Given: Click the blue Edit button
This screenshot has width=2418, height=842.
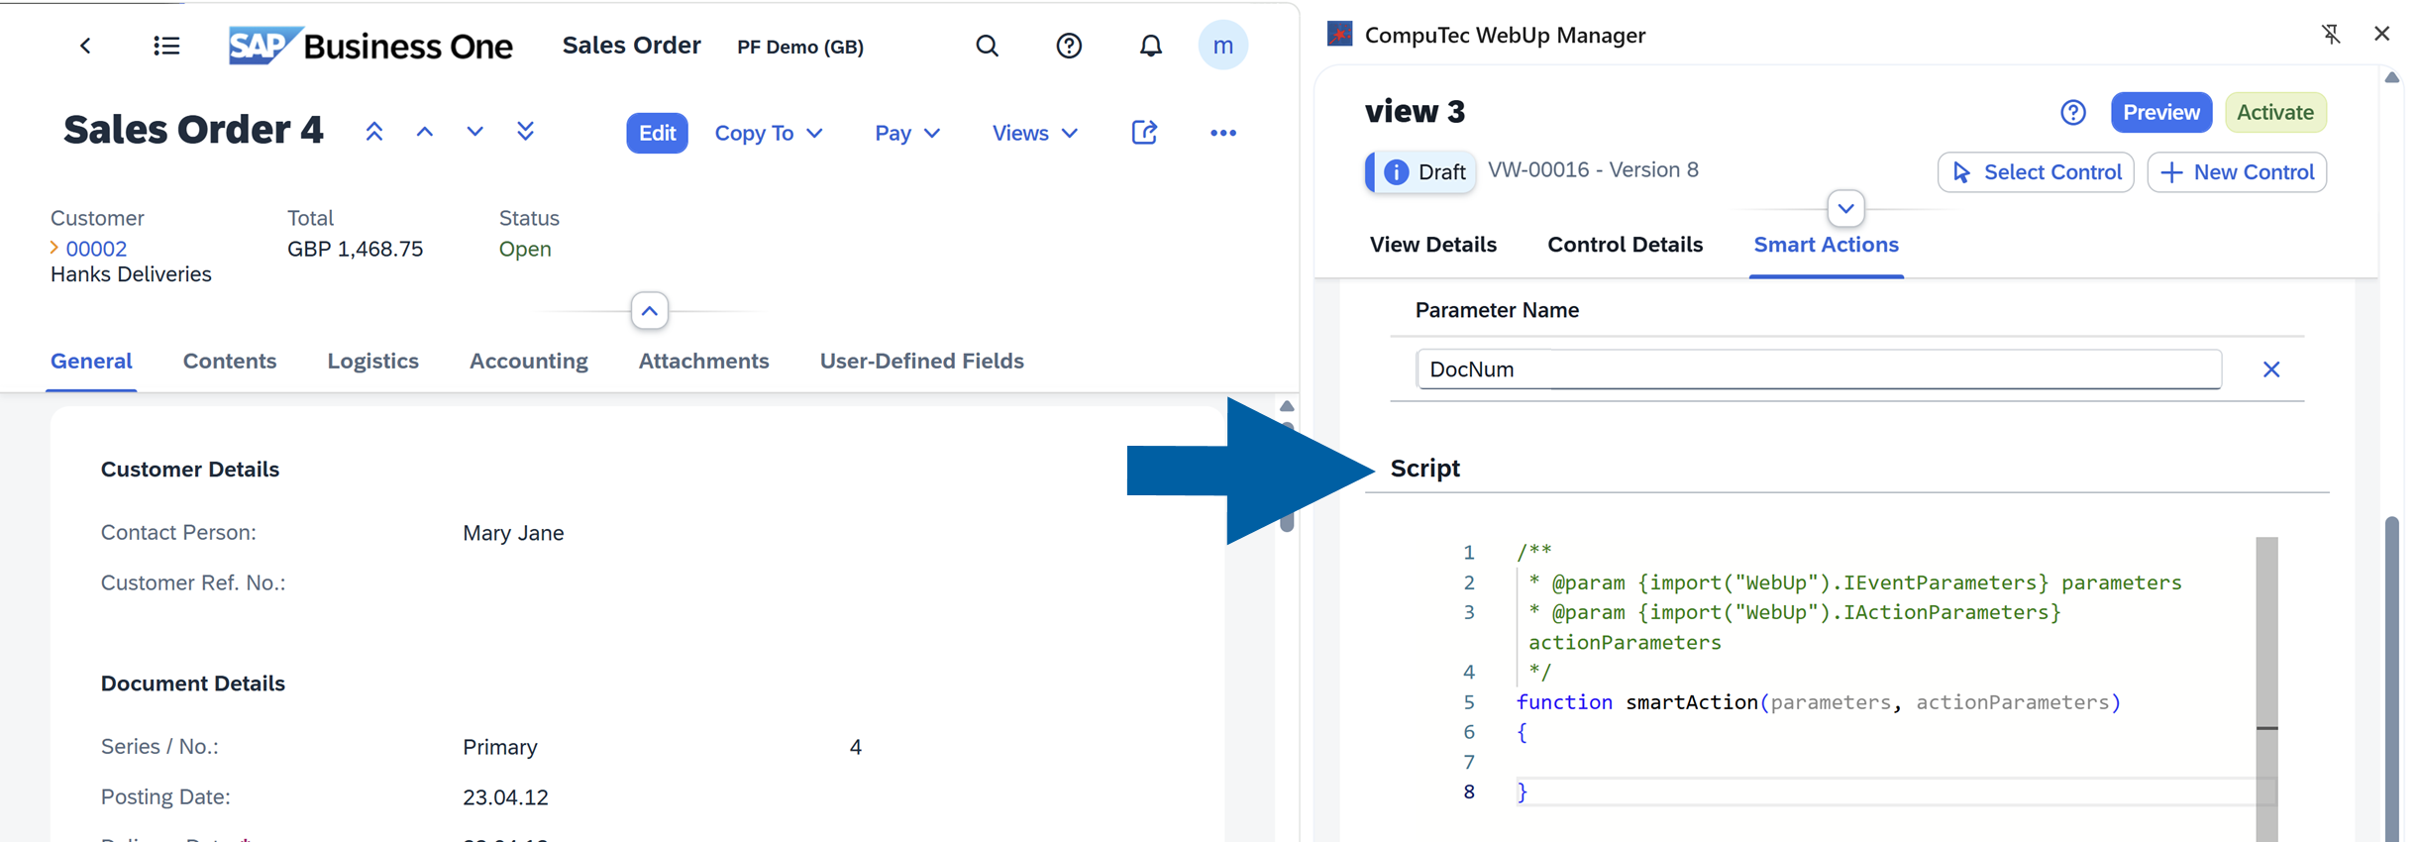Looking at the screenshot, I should tap(657, 133).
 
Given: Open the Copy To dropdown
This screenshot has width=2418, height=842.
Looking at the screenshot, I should tap(769, 133).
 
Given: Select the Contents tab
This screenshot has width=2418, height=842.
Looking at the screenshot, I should tap(230, 361).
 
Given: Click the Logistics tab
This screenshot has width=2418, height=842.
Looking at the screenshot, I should tap(372, 361).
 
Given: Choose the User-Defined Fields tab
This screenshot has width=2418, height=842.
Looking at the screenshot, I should tap(921, 361).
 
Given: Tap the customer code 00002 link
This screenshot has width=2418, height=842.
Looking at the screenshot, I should tap(96, 249).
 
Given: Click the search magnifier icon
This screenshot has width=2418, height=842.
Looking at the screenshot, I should tap(987, 46).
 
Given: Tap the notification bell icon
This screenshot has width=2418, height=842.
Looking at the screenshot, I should tap(1150, 46).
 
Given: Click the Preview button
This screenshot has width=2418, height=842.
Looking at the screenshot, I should tap(2160, 112).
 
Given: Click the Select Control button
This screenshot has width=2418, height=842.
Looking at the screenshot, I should tap(2036, 172).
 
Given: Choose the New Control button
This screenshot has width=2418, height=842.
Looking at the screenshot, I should tap(2237, 172).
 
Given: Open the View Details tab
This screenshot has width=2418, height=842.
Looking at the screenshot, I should tap(1432, 245).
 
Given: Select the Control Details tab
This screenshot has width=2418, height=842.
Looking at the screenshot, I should tap(1625, 245).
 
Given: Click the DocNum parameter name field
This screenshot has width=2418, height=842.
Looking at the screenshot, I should tap(1818, 369).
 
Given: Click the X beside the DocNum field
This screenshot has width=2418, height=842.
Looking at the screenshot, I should tap(2271, 369).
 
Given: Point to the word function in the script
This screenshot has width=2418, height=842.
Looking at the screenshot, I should tap(1564, 702).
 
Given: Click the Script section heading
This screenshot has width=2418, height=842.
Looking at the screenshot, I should tap(1424, 468).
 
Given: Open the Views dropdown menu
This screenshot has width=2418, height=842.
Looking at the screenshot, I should tap(1034, 133).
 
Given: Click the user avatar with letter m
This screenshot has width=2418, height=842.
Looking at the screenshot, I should tap(1222, 46).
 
